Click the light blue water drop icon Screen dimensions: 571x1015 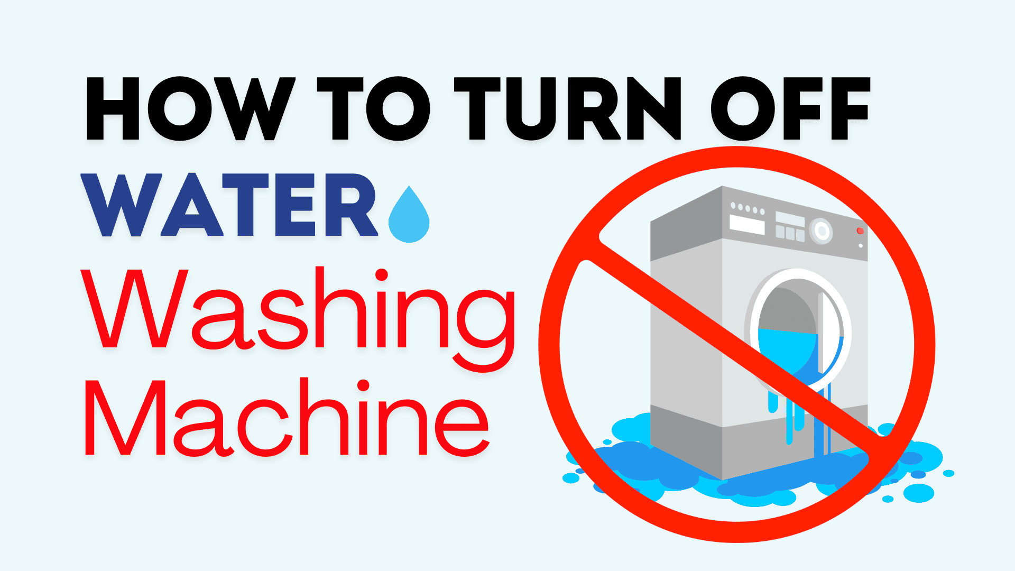[x=409, y=218]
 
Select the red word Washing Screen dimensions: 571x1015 [x=299, y=312]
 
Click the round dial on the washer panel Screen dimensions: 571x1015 [x=821, y=231]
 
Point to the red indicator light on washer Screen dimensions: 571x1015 [x=860, y=231]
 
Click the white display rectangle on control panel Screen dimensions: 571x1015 [x=747, y=224]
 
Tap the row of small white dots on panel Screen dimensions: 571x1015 [x=747, y=208]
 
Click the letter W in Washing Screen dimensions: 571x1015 [x=135, y=309]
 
